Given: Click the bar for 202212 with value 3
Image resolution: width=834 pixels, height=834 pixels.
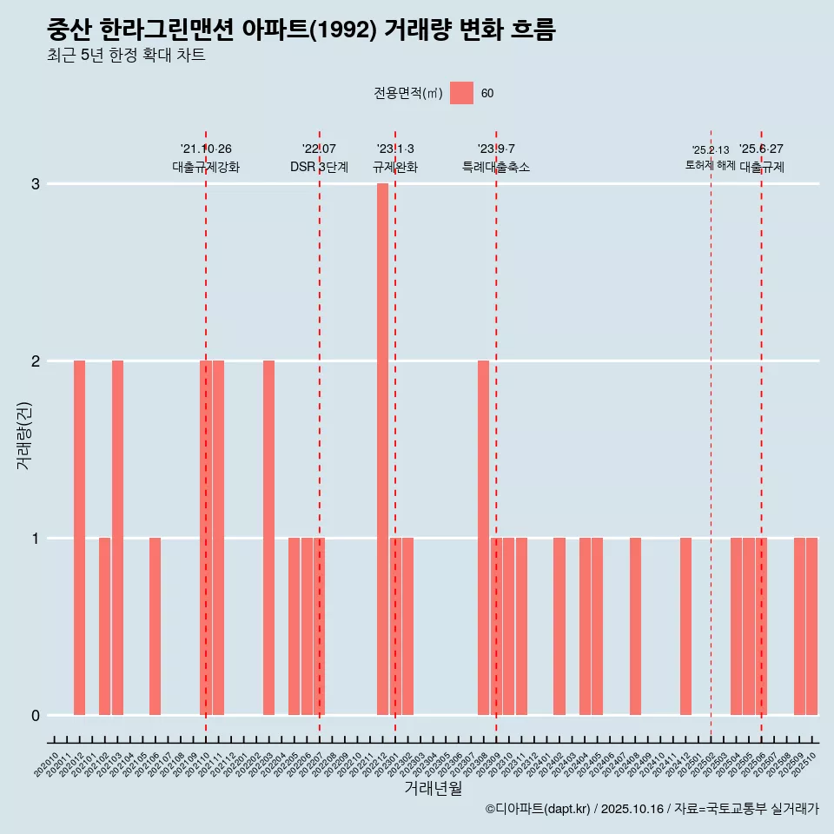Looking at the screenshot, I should [x=382, y=449].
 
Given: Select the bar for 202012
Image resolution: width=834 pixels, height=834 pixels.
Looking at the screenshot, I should [x=79, y=538].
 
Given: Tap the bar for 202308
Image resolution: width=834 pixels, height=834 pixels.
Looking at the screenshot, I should [x=483, y=538].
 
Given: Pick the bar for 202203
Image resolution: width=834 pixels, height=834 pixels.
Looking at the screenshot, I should [x=268, y=538].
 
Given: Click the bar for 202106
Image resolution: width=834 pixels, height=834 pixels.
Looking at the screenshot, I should [x=155, y=626].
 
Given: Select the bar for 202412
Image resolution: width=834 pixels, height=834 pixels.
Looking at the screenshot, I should [x=685, y=626].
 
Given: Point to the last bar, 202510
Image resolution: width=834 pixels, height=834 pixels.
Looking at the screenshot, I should [x=811, y=626].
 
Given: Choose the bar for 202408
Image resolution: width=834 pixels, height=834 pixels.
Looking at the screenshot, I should [x=635, y=626].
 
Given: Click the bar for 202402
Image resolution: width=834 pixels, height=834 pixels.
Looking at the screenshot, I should [x=559, y=626].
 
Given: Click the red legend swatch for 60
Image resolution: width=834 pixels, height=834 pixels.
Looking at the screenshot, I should [x=461, y=93].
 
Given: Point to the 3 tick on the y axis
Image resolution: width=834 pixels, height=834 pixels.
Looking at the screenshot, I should [x=36, y=184].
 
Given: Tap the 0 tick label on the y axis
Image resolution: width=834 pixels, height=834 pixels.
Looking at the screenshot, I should [x=36, y=716].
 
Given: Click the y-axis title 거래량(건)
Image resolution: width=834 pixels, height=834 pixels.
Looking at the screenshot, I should [x=24, y=435].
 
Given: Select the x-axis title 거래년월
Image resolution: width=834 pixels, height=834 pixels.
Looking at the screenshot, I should [x=433, y=788].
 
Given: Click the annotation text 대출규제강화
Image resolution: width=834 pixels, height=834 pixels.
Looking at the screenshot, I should [x=206, y=167].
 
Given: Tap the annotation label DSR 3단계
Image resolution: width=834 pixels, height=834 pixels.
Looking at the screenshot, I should [x=319, y=167].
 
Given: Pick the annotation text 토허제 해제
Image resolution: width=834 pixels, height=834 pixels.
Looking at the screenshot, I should [x=710, y=165].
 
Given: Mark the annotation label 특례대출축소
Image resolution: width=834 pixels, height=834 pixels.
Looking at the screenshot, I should [x=496, y=167].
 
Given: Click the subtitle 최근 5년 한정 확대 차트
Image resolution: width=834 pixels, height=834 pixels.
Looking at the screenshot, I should [x=126, y=56].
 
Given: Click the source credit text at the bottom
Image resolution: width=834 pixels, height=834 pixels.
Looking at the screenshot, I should [x=652, y=809].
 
